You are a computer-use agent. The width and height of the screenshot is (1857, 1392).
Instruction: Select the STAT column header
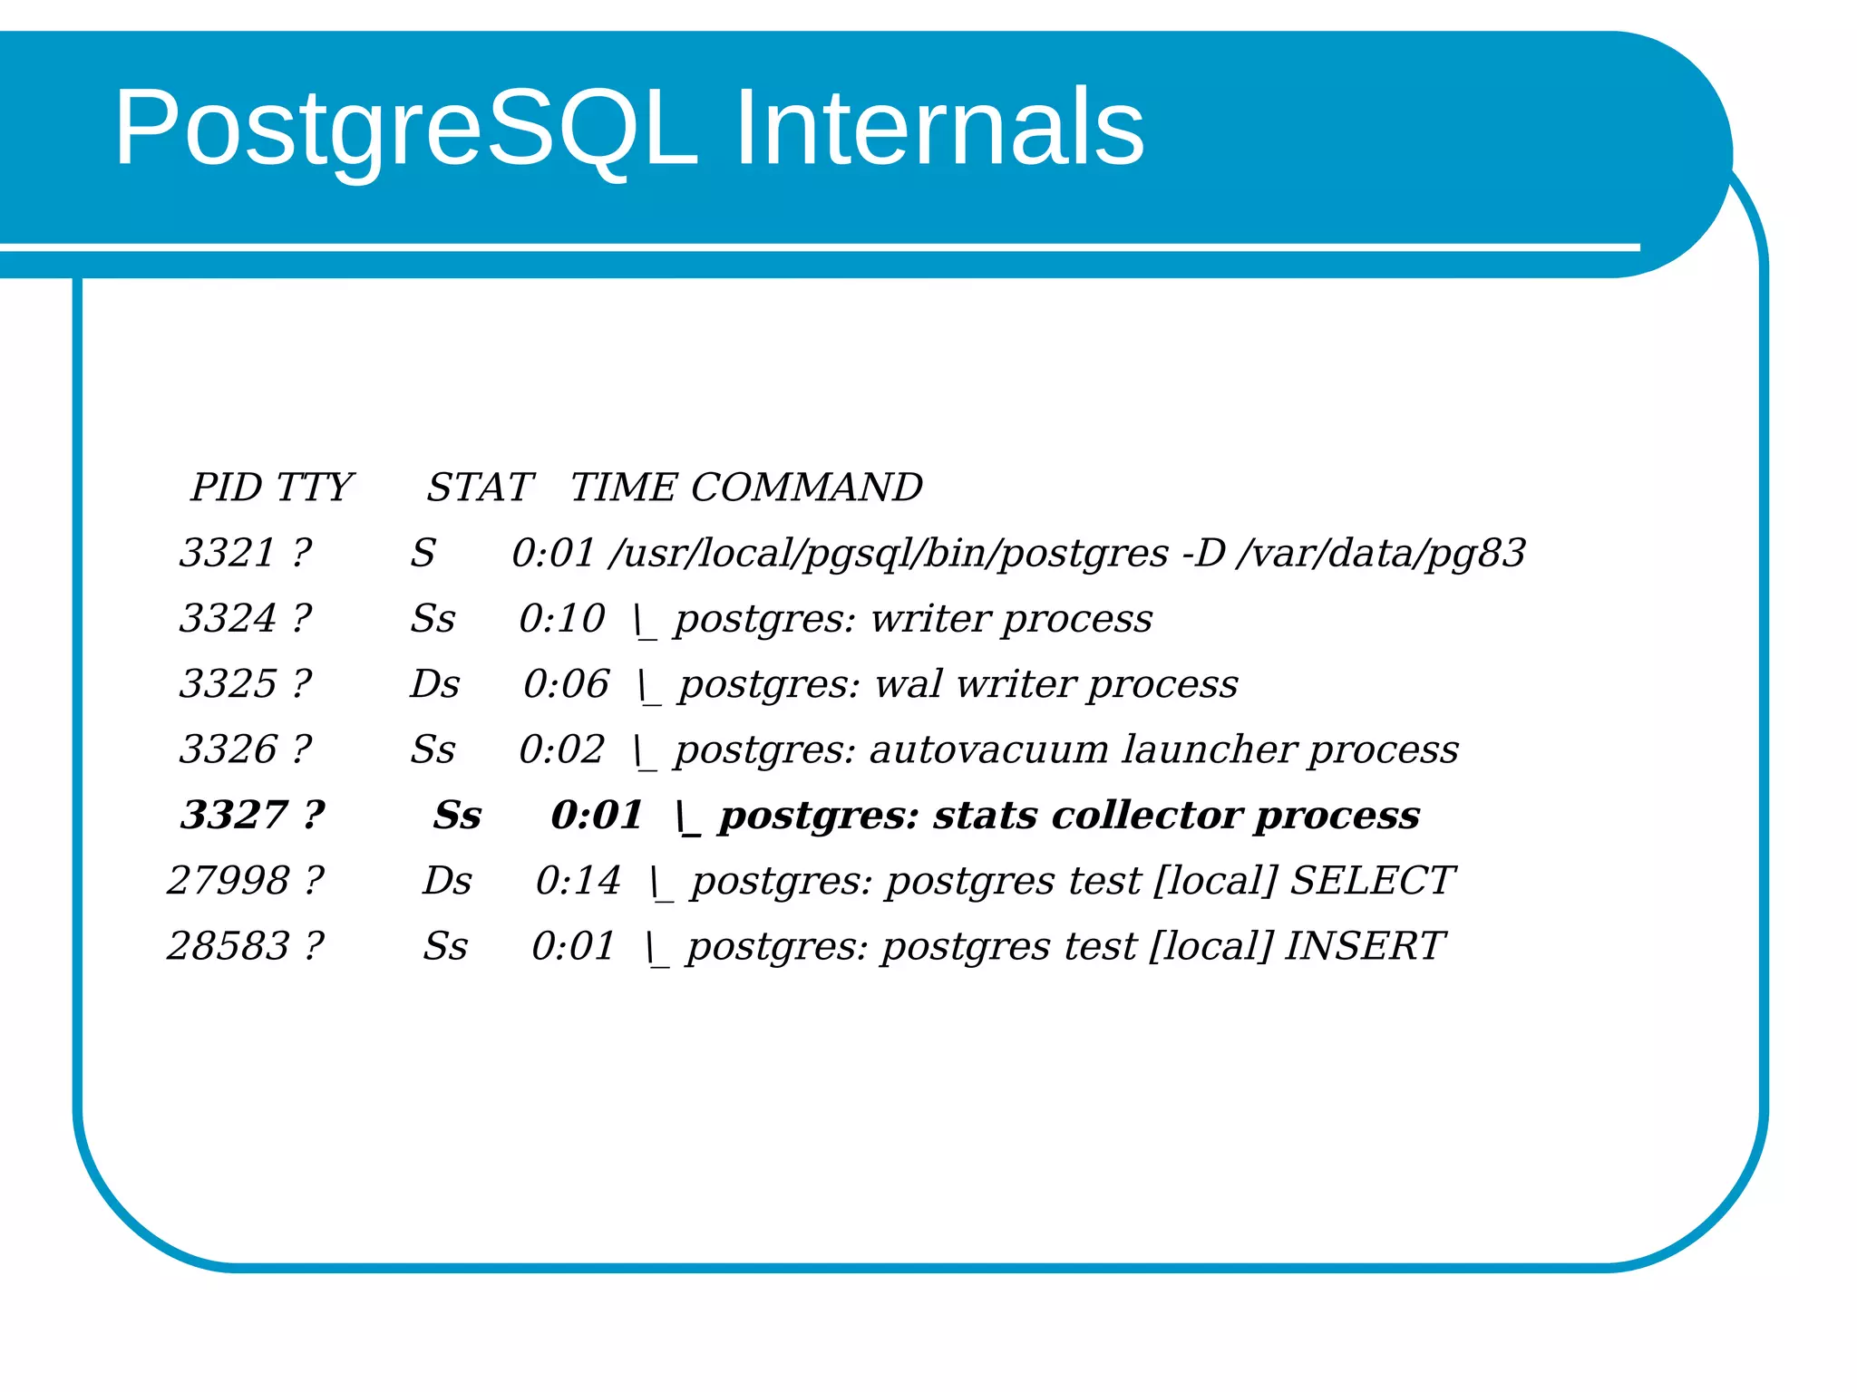pyautogui.click(x=480, y=488)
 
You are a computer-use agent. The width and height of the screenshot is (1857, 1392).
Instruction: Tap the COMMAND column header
pyautogui.click(x=806, y=488)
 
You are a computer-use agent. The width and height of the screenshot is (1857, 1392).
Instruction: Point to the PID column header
pyautogui.click(x=226, y=488)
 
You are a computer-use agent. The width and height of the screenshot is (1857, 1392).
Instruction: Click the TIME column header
pyautogui.click(x=623, y=488)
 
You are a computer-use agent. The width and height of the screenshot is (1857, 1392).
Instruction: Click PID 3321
pyautogui.click(x=227, y=553)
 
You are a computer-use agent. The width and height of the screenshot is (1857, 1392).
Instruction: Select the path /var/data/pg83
pyautogui.click(x=1380, y=553)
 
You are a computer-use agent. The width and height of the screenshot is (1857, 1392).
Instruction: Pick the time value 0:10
pyautogui.click(x=561, y=619)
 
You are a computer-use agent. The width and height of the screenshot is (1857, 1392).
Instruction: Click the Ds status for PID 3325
pyautogui.click(x=435, y=684)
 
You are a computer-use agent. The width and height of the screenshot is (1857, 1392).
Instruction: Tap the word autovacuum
pyautogui.click(x=988, y=749)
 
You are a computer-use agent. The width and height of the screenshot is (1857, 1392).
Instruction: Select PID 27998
pyautogui.click(x=228, y=880)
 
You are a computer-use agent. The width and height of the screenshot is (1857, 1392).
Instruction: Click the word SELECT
pyautogui.click(x=1371, y=880)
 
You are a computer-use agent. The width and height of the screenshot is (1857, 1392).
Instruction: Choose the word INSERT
pyautogui.click(x=1363, y=946)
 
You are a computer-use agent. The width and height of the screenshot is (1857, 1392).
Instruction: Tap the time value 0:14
pyautogui.click(x=578, y=880)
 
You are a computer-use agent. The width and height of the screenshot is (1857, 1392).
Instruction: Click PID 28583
pyautogui.click(x=228, y=946)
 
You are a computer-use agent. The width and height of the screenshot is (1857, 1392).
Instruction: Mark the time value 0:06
pyautogui.click(x=566, y=684)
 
